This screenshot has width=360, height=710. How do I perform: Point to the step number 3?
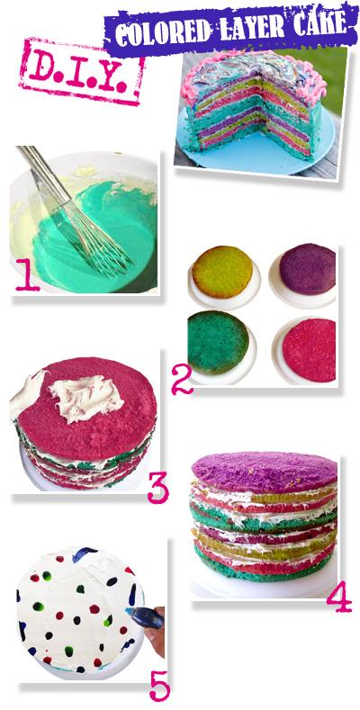tap(158, 486)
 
